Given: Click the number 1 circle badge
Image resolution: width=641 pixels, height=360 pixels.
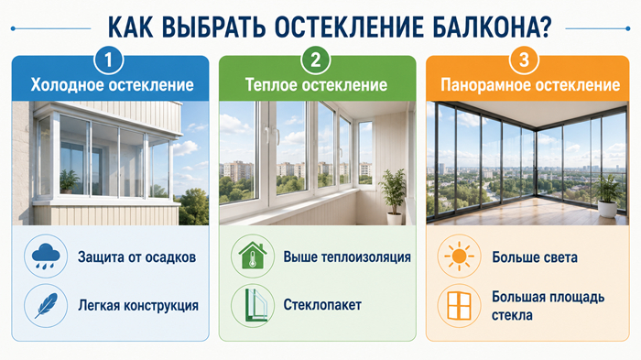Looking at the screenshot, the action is (108, 60).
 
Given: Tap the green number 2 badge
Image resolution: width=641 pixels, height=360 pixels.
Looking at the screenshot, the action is (316, 60).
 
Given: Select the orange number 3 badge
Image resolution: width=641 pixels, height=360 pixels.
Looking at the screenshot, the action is (524, 60).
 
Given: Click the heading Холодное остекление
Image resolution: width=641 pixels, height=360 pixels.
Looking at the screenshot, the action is (112, 85).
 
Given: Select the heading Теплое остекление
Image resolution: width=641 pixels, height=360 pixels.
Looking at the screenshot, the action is (316, 85).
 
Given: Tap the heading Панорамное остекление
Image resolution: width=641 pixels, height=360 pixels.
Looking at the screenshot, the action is (530, 85).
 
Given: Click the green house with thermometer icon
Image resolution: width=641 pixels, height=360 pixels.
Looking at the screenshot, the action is (253, 256).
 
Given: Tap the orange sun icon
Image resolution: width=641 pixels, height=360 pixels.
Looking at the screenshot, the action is (459, 256).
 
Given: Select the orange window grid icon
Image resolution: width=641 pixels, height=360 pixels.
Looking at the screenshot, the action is (459, 306).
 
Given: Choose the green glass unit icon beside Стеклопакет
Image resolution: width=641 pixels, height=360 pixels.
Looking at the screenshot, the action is (255, 306).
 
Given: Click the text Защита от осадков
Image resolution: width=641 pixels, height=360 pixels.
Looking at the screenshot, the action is (137, 257).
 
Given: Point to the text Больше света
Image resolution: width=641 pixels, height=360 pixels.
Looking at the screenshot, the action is (535, 257).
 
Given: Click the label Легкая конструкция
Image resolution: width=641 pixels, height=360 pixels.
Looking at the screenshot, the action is (138, 306).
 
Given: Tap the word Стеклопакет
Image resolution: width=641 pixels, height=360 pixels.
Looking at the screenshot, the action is (322, 305).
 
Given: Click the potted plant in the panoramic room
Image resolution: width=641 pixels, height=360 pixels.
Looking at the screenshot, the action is (607, 196).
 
